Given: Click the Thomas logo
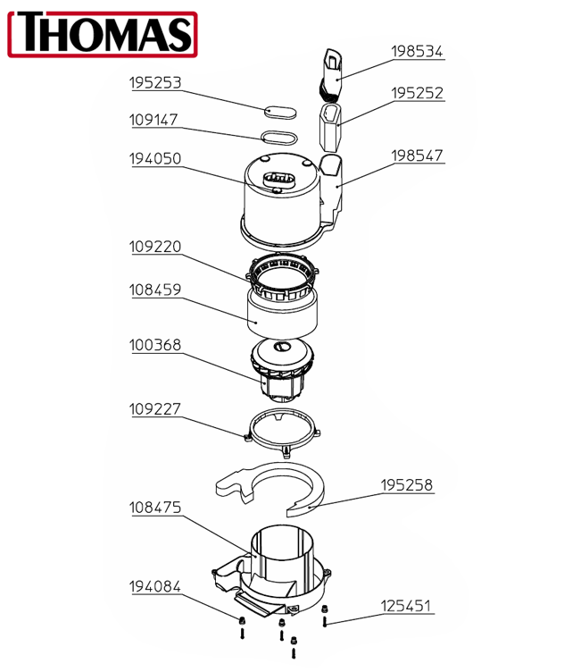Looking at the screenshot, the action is [x=103, y=34].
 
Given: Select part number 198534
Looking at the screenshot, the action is [x=417, y=52].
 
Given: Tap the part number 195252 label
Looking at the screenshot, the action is [x=417, y=93].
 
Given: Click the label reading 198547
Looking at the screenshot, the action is [x=417, y=155].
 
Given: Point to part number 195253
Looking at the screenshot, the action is [x=155, y=83].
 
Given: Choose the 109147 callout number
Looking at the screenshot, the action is [x=153, y=120].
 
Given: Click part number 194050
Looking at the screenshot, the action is [x=155, y=158].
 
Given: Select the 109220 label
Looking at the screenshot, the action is [x=155, y=247].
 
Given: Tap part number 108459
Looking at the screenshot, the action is [x=155, y=290].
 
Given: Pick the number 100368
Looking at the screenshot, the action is [x=155, y=345].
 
